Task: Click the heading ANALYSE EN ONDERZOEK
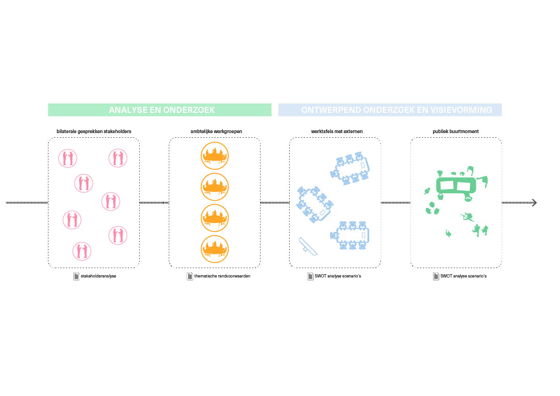point(161,110)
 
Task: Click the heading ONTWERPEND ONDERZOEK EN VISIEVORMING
point(396,110)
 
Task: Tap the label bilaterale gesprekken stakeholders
point(94,131)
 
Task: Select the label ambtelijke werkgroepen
point(214,131)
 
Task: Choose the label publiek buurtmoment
point(456,131)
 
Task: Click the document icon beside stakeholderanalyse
point(76,276)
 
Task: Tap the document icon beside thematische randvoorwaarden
point(190,276)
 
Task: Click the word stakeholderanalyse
point(98,276)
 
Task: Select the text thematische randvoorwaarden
point(222,276)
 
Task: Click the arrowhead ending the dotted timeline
point(534,203)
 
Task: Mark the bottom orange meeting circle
point(214,249)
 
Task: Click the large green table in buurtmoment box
point(456,185)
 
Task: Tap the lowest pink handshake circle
point(82,251)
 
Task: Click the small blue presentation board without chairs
point(308,246)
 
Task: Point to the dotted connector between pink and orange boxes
point(154,203)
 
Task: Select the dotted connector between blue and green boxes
point(395,203)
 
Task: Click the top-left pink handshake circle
point(67,158)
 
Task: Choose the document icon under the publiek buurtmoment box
point(436,276)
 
